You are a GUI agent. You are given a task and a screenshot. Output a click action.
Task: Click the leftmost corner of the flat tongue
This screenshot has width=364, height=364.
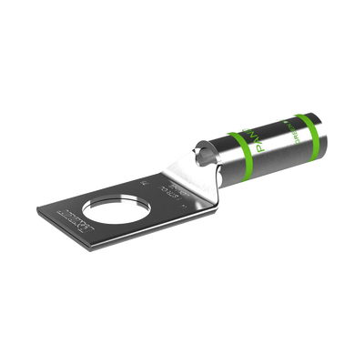coord(39,211)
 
